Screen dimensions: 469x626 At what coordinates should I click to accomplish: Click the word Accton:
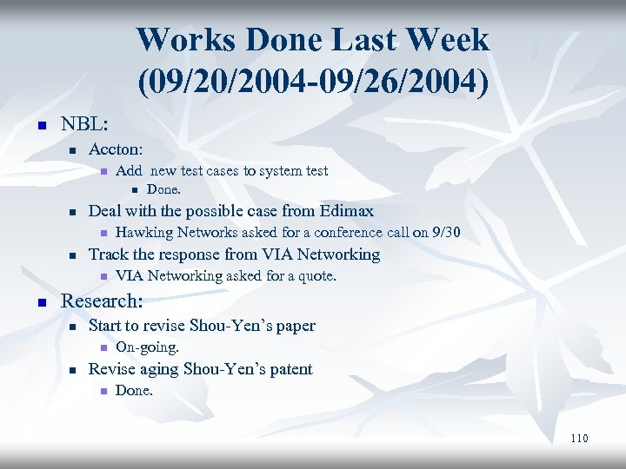click(x=116, y=149)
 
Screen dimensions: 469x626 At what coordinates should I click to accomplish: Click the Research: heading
click(x=100, y=301)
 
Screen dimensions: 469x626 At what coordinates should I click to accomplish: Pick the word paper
click(x=295, y=326)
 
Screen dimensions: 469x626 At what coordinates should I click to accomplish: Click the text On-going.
click(x=147, y=347)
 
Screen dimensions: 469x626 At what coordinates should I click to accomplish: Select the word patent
click(x=287, y=369)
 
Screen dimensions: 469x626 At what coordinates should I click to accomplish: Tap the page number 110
click(x=579, y=439)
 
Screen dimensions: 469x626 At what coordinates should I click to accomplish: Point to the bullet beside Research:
click(x=39, y=302)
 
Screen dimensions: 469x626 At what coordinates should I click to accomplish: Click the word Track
click(x=107, y=254)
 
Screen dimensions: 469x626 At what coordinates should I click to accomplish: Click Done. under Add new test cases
click(x=163, y=189)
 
